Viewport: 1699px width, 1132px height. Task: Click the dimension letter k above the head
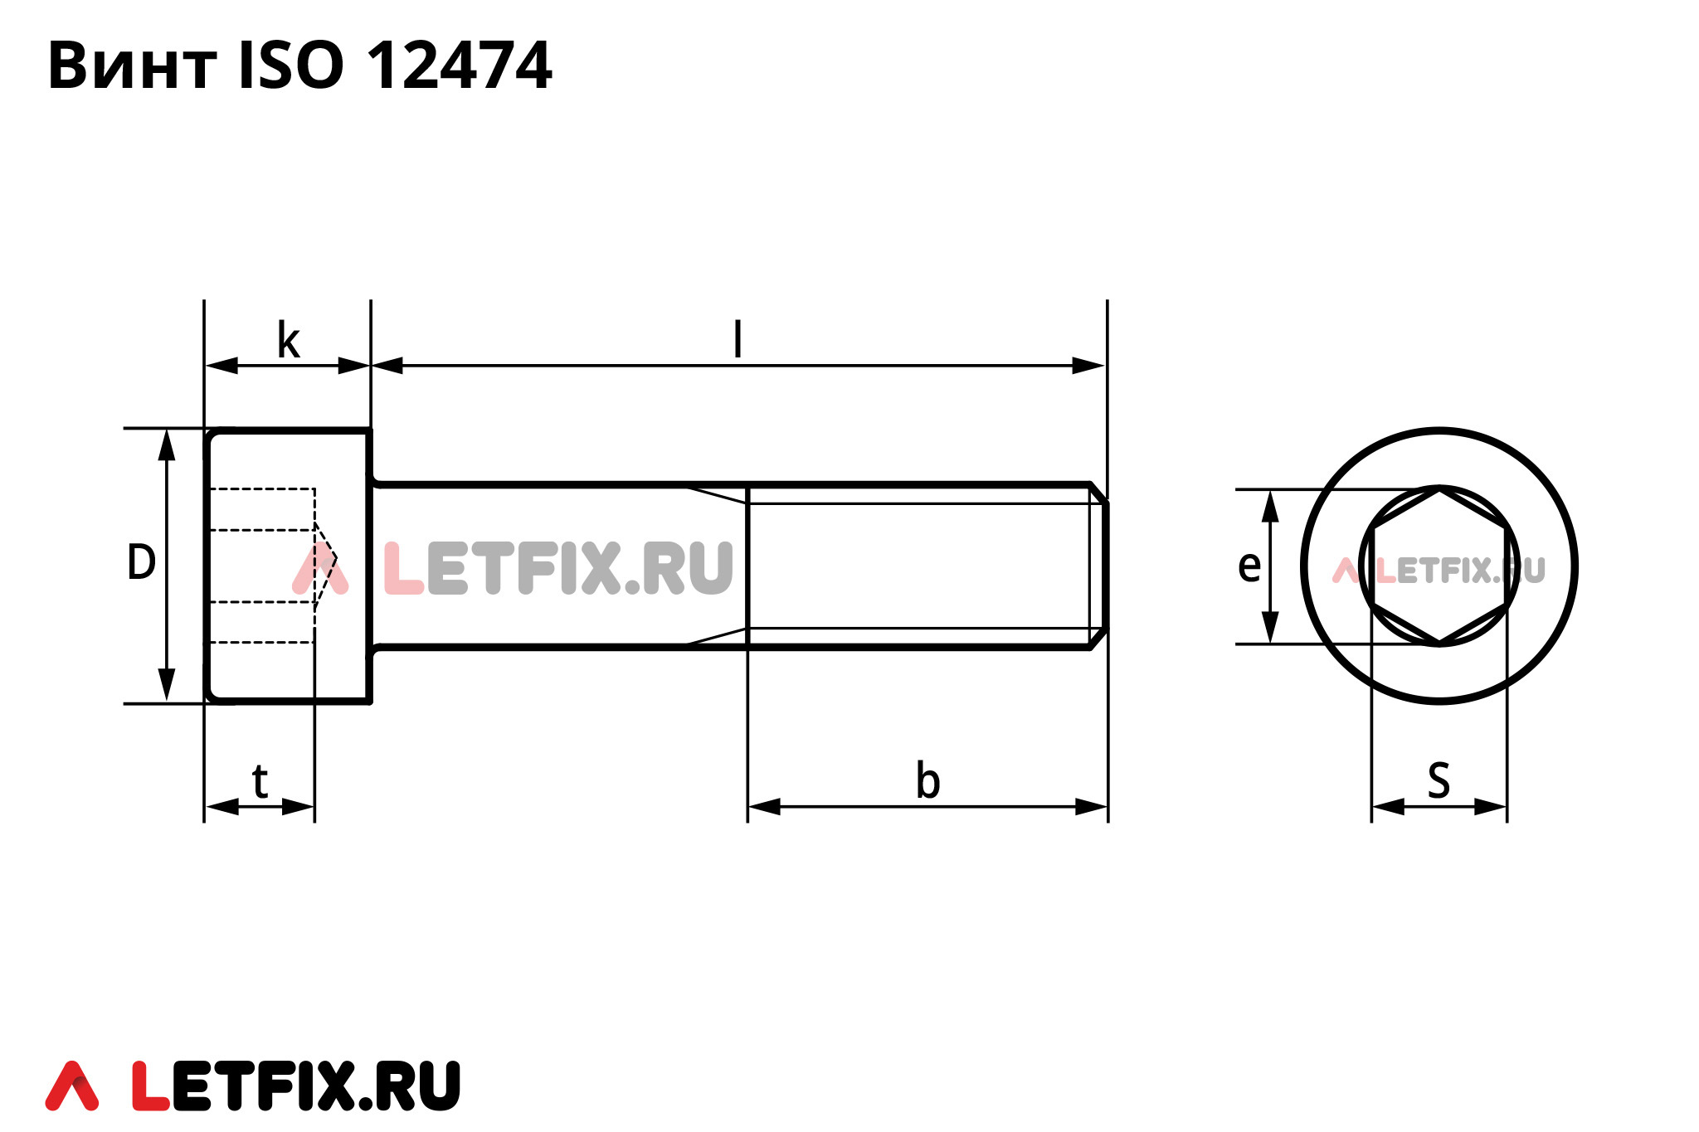[x=288, y=341]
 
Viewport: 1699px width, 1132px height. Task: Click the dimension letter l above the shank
[x=738, y=340]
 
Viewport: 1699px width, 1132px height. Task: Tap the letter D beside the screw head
[x=141, y=562]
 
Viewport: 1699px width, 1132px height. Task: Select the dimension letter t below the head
[x=260, y=781]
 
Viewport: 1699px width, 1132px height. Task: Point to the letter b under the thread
[x=927, y=781]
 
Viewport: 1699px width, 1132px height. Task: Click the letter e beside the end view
[x=1249, y=566]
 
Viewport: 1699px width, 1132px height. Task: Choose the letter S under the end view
[x=1439, y=781]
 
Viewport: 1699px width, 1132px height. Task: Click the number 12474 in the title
[x=459, y=65]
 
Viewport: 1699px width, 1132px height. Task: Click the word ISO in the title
[x=290, y=65]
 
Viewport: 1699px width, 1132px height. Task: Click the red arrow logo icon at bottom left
[x=72, y=1086]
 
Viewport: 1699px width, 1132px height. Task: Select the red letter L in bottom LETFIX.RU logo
[x=150, y=1086]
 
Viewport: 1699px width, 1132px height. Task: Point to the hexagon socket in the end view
[x=1439, y=566]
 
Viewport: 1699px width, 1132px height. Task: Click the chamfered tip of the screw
[x=1099, y=566]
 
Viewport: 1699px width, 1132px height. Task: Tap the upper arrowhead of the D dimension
[x=167, y=445]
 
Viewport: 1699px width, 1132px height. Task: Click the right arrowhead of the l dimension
[x=1088, y=366]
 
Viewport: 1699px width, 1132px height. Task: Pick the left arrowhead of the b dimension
[x=764, y=806]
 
